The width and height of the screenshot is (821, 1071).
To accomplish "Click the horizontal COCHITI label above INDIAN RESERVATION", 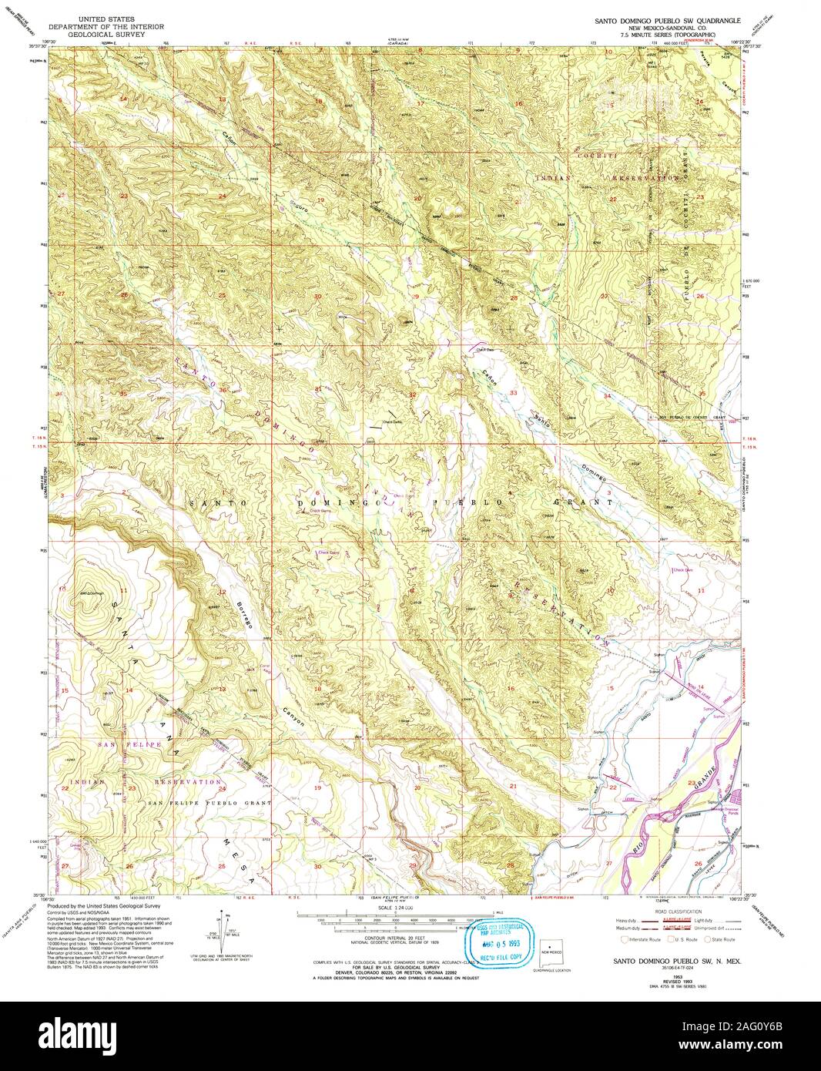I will tap(595, 156).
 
